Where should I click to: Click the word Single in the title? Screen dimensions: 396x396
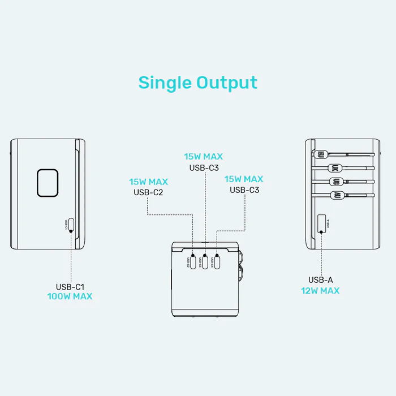click(x=165, y=83)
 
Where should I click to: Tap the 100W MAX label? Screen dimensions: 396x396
click(x=70, y=296)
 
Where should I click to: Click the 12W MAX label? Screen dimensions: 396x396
click(x=320, y=291)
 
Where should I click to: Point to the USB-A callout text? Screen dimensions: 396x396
click(x=320, y=280)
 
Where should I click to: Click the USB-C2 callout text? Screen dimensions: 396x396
click(x=148, y=192)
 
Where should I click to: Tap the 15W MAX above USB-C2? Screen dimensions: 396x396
click(x=148, y=182)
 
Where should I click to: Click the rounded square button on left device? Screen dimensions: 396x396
click(x=49, y=183)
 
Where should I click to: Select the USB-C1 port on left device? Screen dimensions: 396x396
click(x=70, y=225)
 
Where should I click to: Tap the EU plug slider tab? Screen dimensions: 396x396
click(x=321, y=153)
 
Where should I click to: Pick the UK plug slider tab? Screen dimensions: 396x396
click(x=334, y=167)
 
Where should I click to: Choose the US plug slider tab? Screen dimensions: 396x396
click(x=336, y=182)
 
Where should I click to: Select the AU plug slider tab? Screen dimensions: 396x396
click(x=336, y=195)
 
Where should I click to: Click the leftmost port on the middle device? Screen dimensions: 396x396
click(x=193, y=262)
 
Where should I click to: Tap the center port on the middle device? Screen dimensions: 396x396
click(x=205, y=262)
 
